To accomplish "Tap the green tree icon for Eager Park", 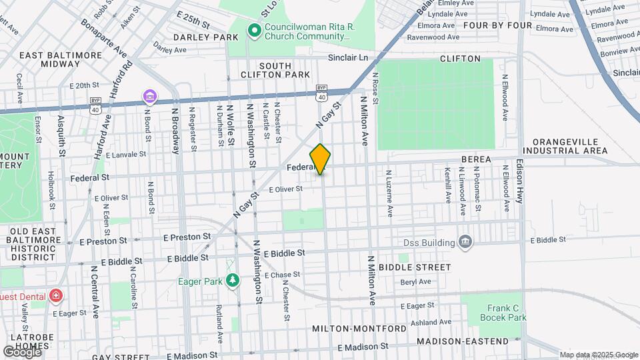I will (232, 281).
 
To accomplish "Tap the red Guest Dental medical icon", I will (57, 295).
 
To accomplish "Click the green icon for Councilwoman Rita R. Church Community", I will (254, 30).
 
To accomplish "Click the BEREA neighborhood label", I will (476, 159).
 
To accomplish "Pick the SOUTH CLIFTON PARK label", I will (266, 70).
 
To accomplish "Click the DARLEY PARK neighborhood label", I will (197, 37).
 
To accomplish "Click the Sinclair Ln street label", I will (347, 58).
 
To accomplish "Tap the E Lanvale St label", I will (121, 154).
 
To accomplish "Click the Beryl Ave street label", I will (415, 281).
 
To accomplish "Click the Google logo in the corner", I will (22, 351).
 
